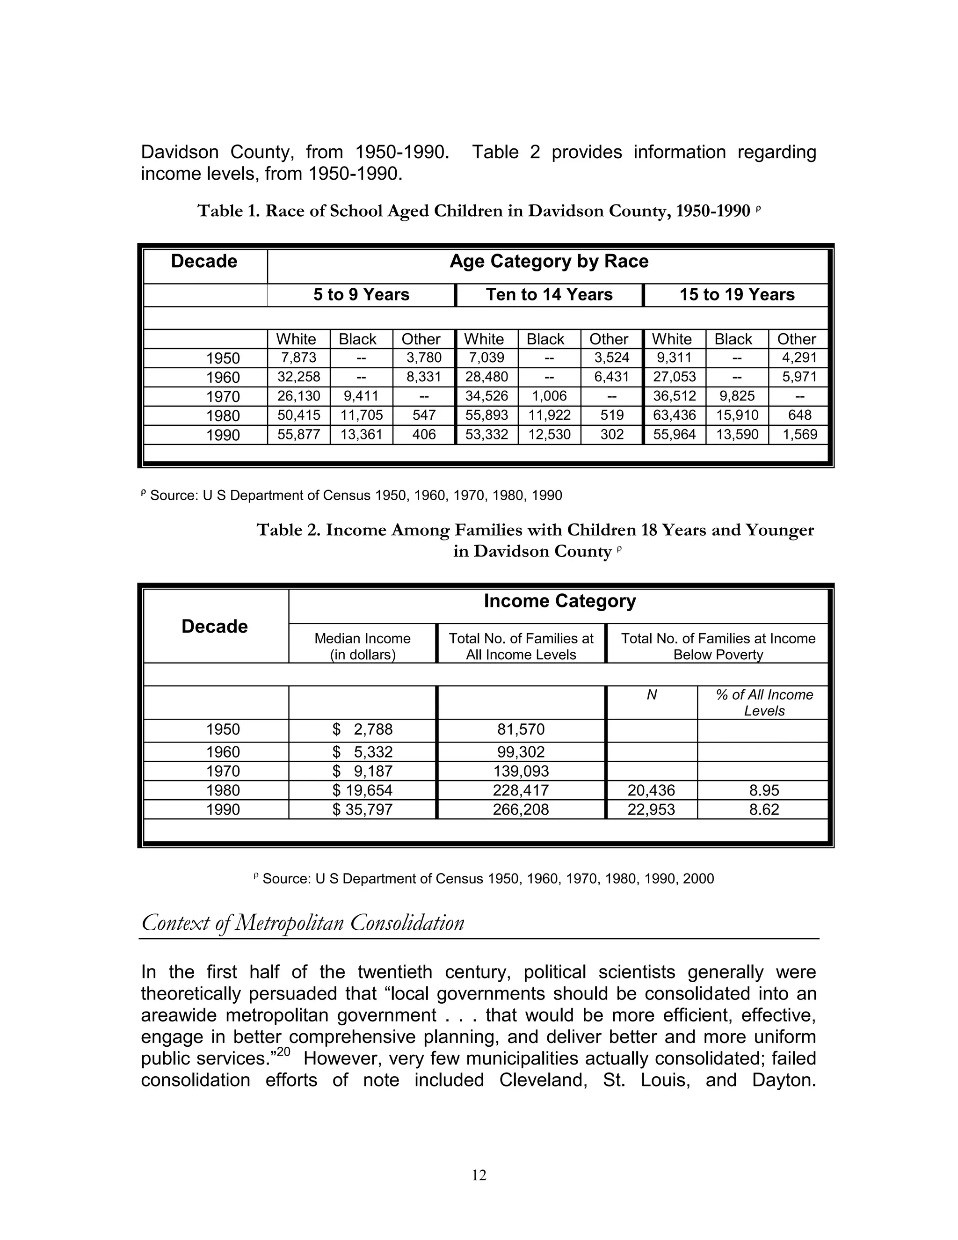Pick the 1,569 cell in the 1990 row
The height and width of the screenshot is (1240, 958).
click(799, 434)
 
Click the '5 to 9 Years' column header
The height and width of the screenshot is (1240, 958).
click(361, 295)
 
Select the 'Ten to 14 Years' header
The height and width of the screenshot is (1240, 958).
click(549, 295)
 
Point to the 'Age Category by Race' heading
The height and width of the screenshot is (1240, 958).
click(548, 261)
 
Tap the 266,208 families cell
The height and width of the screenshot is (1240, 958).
click(521, 809)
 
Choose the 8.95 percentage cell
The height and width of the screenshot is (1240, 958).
click(764, 790)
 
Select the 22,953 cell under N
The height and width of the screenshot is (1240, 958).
click(651, 809)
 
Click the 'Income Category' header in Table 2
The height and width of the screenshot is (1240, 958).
click(559, 601)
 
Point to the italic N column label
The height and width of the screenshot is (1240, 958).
click(652, 695)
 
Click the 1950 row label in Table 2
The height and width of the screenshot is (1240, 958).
click(223, 729)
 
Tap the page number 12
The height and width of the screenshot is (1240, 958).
click(479, 1175)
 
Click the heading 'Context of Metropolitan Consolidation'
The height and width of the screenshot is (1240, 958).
click(303, 923)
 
